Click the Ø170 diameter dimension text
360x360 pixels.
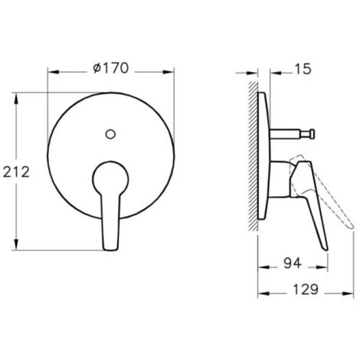point(113,69)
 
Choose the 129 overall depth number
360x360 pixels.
point(306,293)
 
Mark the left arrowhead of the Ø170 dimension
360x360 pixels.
point(51,75)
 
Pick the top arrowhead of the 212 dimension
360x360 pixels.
point(18,96)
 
